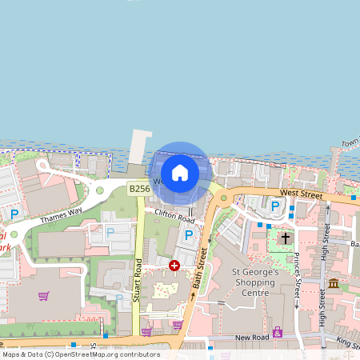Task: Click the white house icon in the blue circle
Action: click(x=180, y=172)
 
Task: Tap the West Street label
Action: click(x=302, y=194)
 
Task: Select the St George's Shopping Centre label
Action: click(x=254, y=282)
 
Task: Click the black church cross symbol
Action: click(x=283, y=238)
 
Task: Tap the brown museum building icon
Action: click(x=334, y=283)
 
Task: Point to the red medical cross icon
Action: click(x=174, y=266)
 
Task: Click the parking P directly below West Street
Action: click(x=275, y=206)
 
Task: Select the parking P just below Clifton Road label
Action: click(x=189, y=234)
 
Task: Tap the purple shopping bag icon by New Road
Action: click(x=278, y=332)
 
